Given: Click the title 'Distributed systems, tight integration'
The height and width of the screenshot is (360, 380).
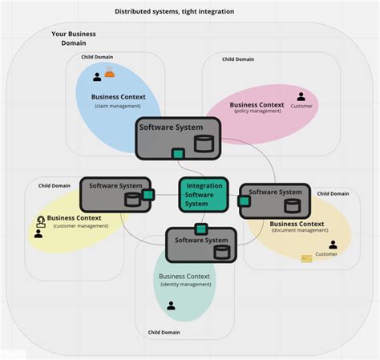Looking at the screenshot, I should (x=174, y=11).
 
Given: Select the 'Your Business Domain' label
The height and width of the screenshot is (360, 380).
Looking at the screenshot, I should (x=75, y=39).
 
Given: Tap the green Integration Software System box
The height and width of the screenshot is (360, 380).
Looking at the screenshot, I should (x=204, y=194).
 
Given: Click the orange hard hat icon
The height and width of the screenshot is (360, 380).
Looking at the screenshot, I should (x=109, y=75).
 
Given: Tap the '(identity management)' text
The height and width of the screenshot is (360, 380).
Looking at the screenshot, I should (x=184, y=285).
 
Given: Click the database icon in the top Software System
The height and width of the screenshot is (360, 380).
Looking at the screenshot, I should (x=204, y=144).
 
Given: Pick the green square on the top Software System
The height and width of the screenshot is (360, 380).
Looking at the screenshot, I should (x=178, y=154).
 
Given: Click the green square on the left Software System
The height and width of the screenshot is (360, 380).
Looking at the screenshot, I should (x=148, y=194).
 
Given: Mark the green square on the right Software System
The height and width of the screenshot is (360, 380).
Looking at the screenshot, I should (x=245, y=201).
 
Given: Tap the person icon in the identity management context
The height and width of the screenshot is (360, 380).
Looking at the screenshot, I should (x=171, y=305).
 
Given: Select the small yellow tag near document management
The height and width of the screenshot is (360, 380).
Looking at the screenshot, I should (x=305, y=258).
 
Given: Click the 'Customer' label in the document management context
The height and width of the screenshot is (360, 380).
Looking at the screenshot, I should (x=325, y=254).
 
